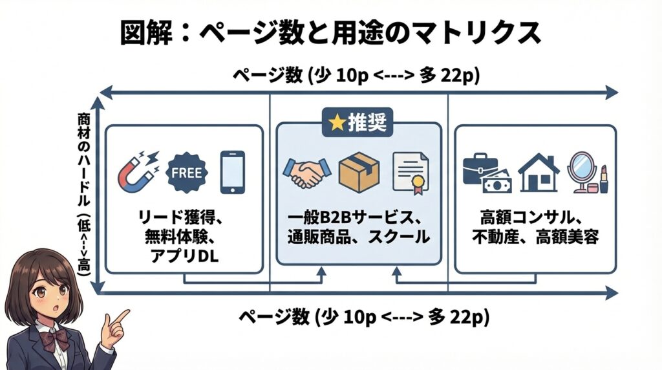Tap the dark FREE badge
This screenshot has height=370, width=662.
tap(187, 172)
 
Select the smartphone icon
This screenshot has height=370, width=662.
tap(232, 172)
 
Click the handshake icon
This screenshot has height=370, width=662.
tap(306, 172)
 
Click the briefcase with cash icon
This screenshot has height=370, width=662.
tap(486, 173)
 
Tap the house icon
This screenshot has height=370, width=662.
tap(538, 172)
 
